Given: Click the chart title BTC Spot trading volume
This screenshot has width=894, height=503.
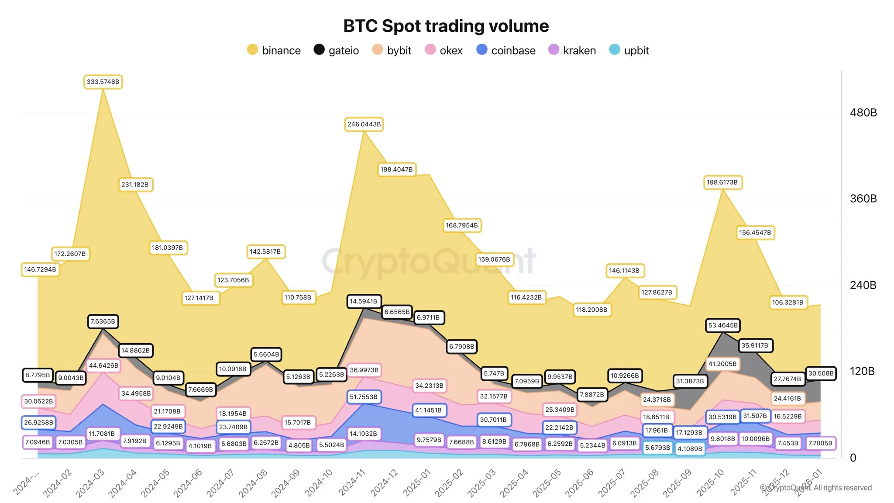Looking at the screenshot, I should [446, 26].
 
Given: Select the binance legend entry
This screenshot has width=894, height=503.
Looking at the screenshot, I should [274, 50].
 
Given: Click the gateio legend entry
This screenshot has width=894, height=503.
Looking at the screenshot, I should [336, 50].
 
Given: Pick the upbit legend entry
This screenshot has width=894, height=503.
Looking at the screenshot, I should [629, 50].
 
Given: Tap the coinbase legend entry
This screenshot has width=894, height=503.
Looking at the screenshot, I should [506, 50].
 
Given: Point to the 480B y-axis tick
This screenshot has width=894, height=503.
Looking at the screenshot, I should [863, 113].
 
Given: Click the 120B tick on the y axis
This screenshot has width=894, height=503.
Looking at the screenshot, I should [862, 371].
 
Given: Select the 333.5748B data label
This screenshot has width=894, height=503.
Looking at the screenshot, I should [103, 82].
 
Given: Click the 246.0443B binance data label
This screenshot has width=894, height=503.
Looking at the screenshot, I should [364, 124].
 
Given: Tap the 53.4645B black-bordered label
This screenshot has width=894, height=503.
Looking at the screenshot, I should [723, 325].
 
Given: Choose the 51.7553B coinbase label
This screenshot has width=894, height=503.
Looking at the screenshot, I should [364, 397].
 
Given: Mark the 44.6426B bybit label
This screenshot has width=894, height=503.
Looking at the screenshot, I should [103, 365].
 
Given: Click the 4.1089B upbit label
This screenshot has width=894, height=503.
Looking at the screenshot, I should [690, 448].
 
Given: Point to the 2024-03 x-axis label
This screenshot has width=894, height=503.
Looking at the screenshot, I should [90, 483].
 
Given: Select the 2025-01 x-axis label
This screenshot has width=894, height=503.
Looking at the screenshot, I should [417, 483].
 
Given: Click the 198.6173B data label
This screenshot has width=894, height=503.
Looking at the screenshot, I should [722, 183].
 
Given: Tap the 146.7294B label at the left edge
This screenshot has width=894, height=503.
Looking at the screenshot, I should [40, 269].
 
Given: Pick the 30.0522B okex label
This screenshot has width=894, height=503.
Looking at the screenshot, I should [38, 401].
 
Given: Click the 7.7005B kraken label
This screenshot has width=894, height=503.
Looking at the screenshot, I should [820, 443].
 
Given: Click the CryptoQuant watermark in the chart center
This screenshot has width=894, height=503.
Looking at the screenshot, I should [429, 261].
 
